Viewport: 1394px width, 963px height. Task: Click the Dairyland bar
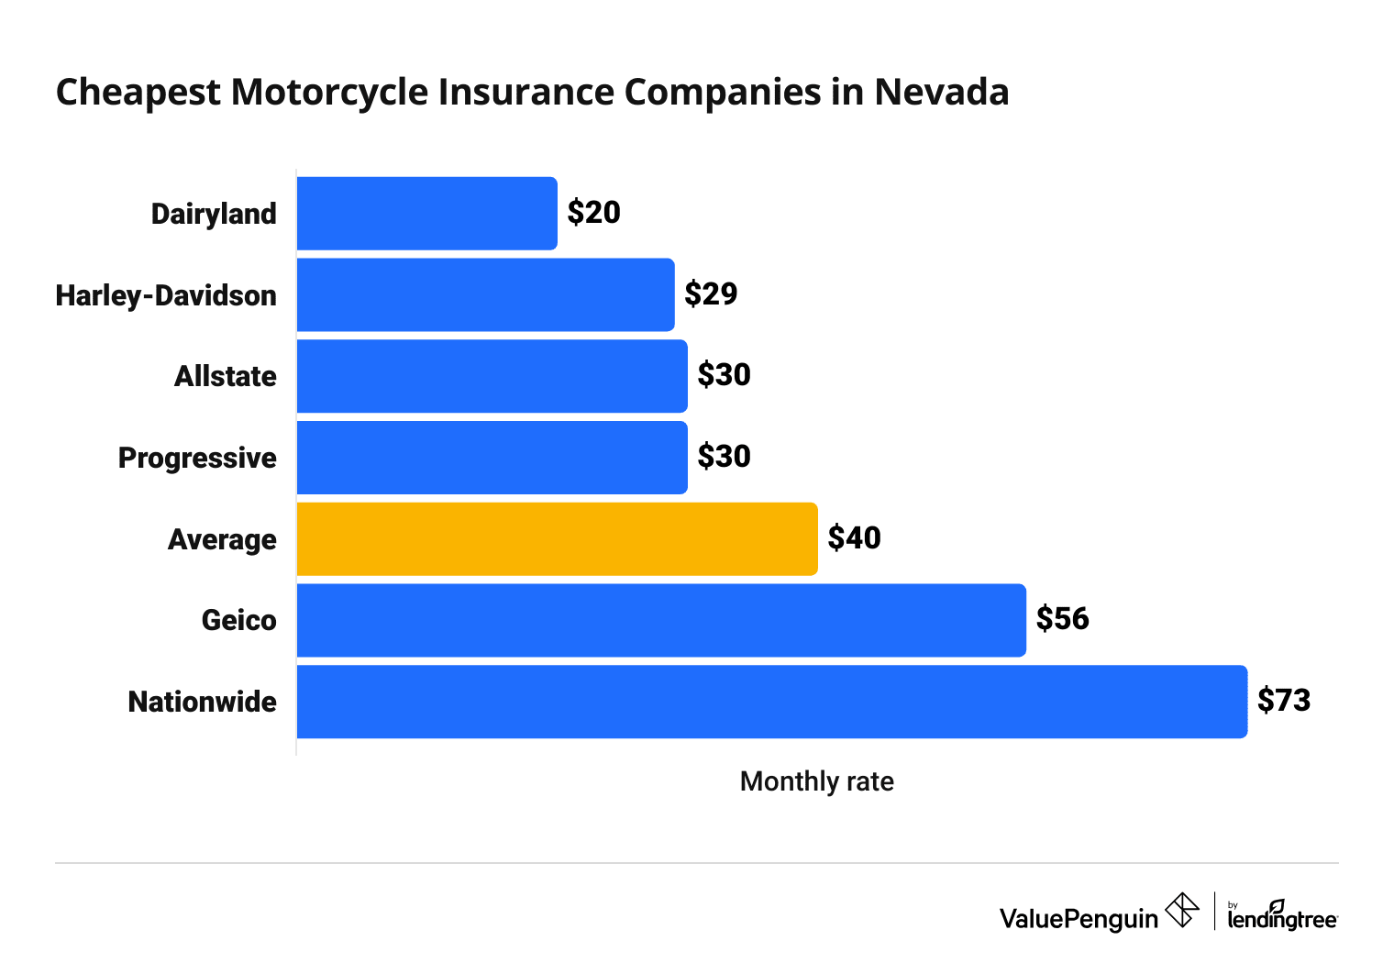click(426, 214)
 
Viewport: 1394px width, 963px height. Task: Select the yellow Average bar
click(557, 539)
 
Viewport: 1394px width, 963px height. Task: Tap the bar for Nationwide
click(771, 702)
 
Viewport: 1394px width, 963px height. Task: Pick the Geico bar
click(660, 620)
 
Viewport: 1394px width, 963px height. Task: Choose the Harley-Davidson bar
click(485, 294)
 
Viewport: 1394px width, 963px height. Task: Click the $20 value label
click(593, 213)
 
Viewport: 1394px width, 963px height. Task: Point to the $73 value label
click(1283, 701)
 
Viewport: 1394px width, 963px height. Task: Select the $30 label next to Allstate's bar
click(724, 375)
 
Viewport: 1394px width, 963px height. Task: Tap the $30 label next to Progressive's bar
click(724, 457)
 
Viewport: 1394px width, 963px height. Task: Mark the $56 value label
click(1062, 619)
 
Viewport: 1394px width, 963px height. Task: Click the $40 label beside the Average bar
click(854, 538)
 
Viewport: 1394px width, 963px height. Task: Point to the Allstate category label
click(225, 376)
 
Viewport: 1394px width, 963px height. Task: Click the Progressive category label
click(197, 458)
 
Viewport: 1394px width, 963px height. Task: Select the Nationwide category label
click(202, 702)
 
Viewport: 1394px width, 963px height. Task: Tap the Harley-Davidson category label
click(166, 295)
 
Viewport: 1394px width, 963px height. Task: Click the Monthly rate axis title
click(816, 781)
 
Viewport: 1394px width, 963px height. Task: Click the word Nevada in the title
click(941, 93)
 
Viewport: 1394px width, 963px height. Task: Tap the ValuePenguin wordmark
click(1079, 918)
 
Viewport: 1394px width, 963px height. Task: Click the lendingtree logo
click(1282, 916)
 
